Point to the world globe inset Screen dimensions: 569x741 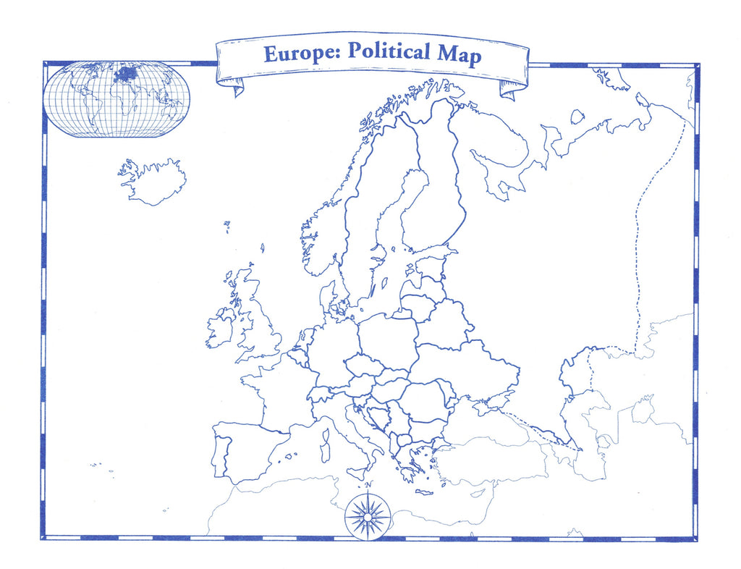[x=117, y=99]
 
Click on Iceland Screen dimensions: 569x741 [x=154, y=182]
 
